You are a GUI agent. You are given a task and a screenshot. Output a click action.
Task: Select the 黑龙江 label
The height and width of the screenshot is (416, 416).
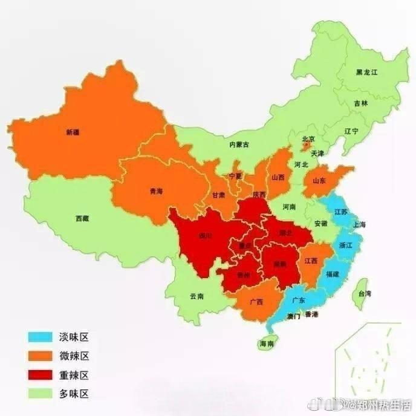(366, 73)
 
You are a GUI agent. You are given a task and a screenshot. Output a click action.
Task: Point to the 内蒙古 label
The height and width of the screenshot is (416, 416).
(239, 145)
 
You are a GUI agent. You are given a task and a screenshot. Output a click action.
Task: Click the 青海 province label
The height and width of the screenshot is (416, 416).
(155, 191)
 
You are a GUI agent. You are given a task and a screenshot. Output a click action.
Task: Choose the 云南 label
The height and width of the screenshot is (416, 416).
(197, 296)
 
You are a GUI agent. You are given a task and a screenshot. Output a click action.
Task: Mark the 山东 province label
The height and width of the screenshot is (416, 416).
(319, 180)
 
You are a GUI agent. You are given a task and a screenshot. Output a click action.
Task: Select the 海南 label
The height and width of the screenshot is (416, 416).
(266, 343)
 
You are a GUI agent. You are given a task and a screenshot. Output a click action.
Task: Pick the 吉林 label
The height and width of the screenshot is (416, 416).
(360, 103)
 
